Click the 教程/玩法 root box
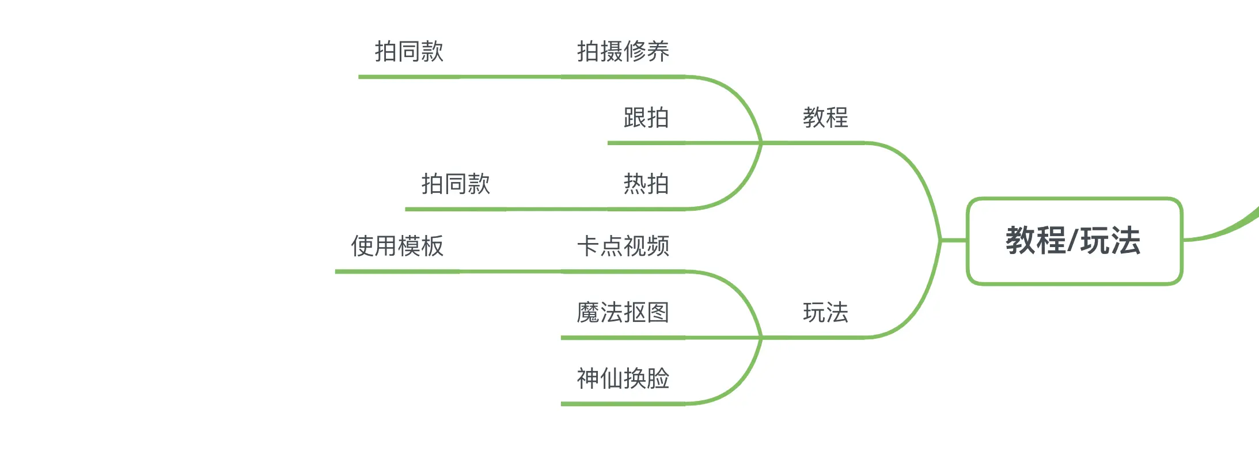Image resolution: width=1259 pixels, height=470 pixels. [x=1074, y=241]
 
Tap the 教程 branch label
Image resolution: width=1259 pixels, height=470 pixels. [x=825, y=117]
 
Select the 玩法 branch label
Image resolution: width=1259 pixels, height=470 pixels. [x=825, y=313]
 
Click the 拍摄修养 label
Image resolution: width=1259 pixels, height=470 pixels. [x=623, y=51]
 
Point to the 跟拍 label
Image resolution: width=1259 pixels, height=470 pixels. [x=646, y=117]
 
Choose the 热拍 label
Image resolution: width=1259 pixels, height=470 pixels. [x=646, y=184]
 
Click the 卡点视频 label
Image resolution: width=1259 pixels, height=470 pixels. [x=623, y=246]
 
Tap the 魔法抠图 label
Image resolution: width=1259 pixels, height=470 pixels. [x=623, y=313]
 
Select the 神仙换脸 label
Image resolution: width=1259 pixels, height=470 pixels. [x=623, y=378]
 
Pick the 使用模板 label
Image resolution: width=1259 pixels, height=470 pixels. [x=397, y=246]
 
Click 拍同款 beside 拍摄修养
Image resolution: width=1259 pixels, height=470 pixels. [x=409, y=51]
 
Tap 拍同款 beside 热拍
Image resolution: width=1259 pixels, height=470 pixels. [x=456, y=184]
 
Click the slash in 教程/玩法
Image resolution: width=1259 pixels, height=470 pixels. [x=1072, y=241]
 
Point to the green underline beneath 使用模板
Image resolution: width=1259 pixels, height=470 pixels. [x=397, y=271]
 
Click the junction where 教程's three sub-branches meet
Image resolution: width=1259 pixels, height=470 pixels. [x=761, y=143]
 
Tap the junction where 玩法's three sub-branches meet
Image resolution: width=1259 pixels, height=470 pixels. [x=761, y=338]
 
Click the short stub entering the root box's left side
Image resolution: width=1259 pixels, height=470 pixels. [x=954, y=240]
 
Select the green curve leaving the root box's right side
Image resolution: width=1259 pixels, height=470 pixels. [x=1221, y=230]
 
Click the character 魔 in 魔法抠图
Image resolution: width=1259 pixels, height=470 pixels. [x=588, y=313]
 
